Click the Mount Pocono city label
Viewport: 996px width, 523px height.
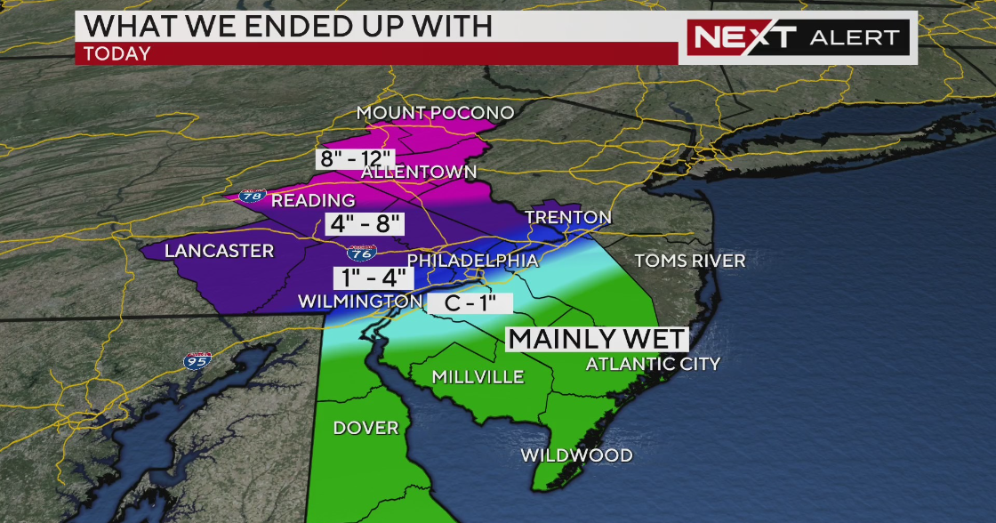click(x=436, y=113)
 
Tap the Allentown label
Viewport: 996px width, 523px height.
click(x=419, y=171)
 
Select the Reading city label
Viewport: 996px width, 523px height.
click(x=313, y=200)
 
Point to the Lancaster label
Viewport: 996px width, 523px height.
click(x=219, y=251)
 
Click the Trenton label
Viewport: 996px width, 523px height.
click(x=568, y=217)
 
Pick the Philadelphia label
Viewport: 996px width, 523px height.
click(x=473, y=261)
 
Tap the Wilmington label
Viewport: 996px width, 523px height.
click(x=359, y=302)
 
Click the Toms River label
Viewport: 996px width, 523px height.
click(x=689, y=261)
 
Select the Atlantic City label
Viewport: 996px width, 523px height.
click(x=653, y=363)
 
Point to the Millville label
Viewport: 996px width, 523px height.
click(x=478, y=377)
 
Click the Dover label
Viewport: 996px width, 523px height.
click(x=365, y=428)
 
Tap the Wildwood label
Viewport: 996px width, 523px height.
click(x=576, y=455)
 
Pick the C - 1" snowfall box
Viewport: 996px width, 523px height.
click(x=470, y=302)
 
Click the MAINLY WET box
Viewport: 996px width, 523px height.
click(x=597, y=339)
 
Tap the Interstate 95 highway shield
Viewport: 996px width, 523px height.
click(x=198, y=361)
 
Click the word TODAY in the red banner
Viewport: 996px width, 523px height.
click(x=117, y=53)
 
